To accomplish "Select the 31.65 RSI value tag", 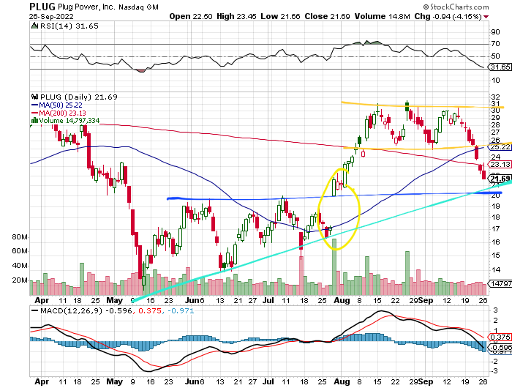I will click(500, 67).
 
